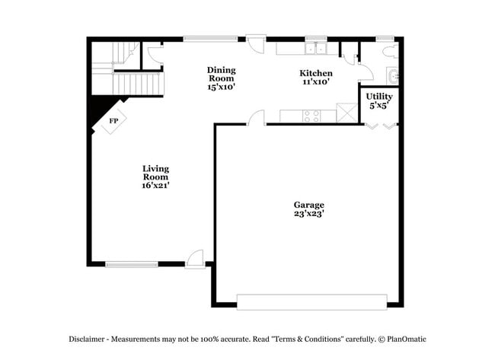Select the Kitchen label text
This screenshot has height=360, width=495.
pyautogui.click(x=315, y=73)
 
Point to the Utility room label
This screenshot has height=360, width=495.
pyautogui.click(x=379, y=97)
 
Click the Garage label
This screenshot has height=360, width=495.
pyautogui.click(x=309, y=205)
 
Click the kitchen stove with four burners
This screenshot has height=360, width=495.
pyautogui.click(x=311, y=116)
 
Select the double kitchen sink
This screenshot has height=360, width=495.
pyautogui.click(x=315, y=49)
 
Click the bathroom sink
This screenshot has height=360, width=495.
pyautogui.click(x=393, y=76)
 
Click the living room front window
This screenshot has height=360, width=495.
pyautogui.click(x=131, y=264)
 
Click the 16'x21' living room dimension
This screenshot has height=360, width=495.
pyautogui.click(x=156, y=184)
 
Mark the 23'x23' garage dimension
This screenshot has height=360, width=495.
pyautogui.click(x=309, y=215)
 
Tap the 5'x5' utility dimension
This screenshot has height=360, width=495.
pyautogui.click(x=379, y=106)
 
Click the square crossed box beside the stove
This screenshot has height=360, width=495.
pyautogui.click(x=346, y=115)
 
